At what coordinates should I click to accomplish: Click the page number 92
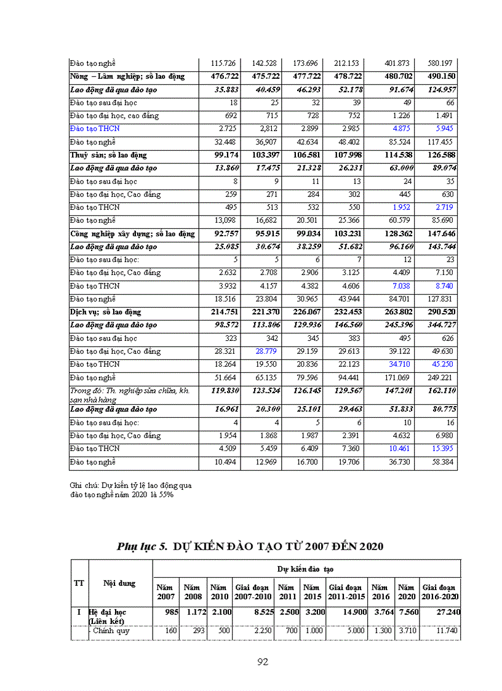pos(263,662)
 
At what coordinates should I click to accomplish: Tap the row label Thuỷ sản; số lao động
pos(109,155)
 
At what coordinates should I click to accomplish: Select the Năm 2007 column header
pos(166,592)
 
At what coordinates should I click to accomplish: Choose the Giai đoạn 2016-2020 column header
pos(440,592)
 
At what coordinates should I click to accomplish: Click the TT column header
pos(79,583)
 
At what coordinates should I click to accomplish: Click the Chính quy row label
pos(111,631)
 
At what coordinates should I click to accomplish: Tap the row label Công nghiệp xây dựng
pos(132,234)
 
